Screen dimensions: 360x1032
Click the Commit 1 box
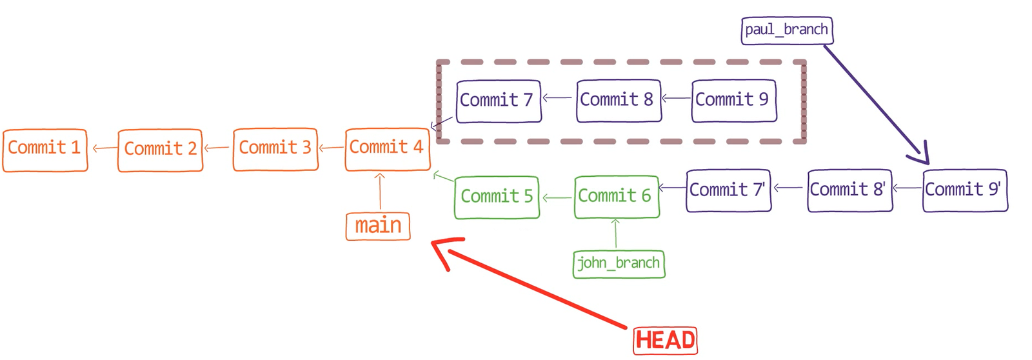[45, 150]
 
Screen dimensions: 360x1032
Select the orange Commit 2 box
[161, 150]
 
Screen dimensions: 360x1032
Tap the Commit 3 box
[275, 149]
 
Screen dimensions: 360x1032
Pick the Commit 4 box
[388, 149]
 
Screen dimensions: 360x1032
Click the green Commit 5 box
[497, 197]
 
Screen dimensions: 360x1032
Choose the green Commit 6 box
[617, 196]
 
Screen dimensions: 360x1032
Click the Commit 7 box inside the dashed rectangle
[499, 101]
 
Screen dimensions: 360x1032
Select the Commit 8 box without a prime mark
[619, 100]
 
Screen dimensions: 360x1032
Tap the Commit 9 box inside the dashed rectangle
[734, 100]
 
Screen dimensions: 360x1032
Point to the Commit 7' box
[728, 190]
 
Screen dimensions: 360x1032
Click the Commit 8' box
[849, 190]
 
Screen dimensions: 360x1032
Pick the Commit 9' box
[965, 190]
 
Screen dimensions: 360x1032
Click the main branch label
[378, 226]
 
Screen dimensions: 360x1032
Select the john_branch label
[619, 264]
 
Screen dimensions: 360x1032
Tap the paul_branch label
[786, 30]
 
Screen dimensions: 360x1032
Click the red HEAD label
[665, 341]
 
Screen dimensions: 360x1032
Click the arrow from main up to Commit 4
[380, 192]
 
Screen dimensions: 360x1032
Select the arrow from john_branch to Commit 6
[615, 234]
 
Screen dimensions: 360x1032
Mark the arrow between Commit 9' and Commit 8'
[908, 188]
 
